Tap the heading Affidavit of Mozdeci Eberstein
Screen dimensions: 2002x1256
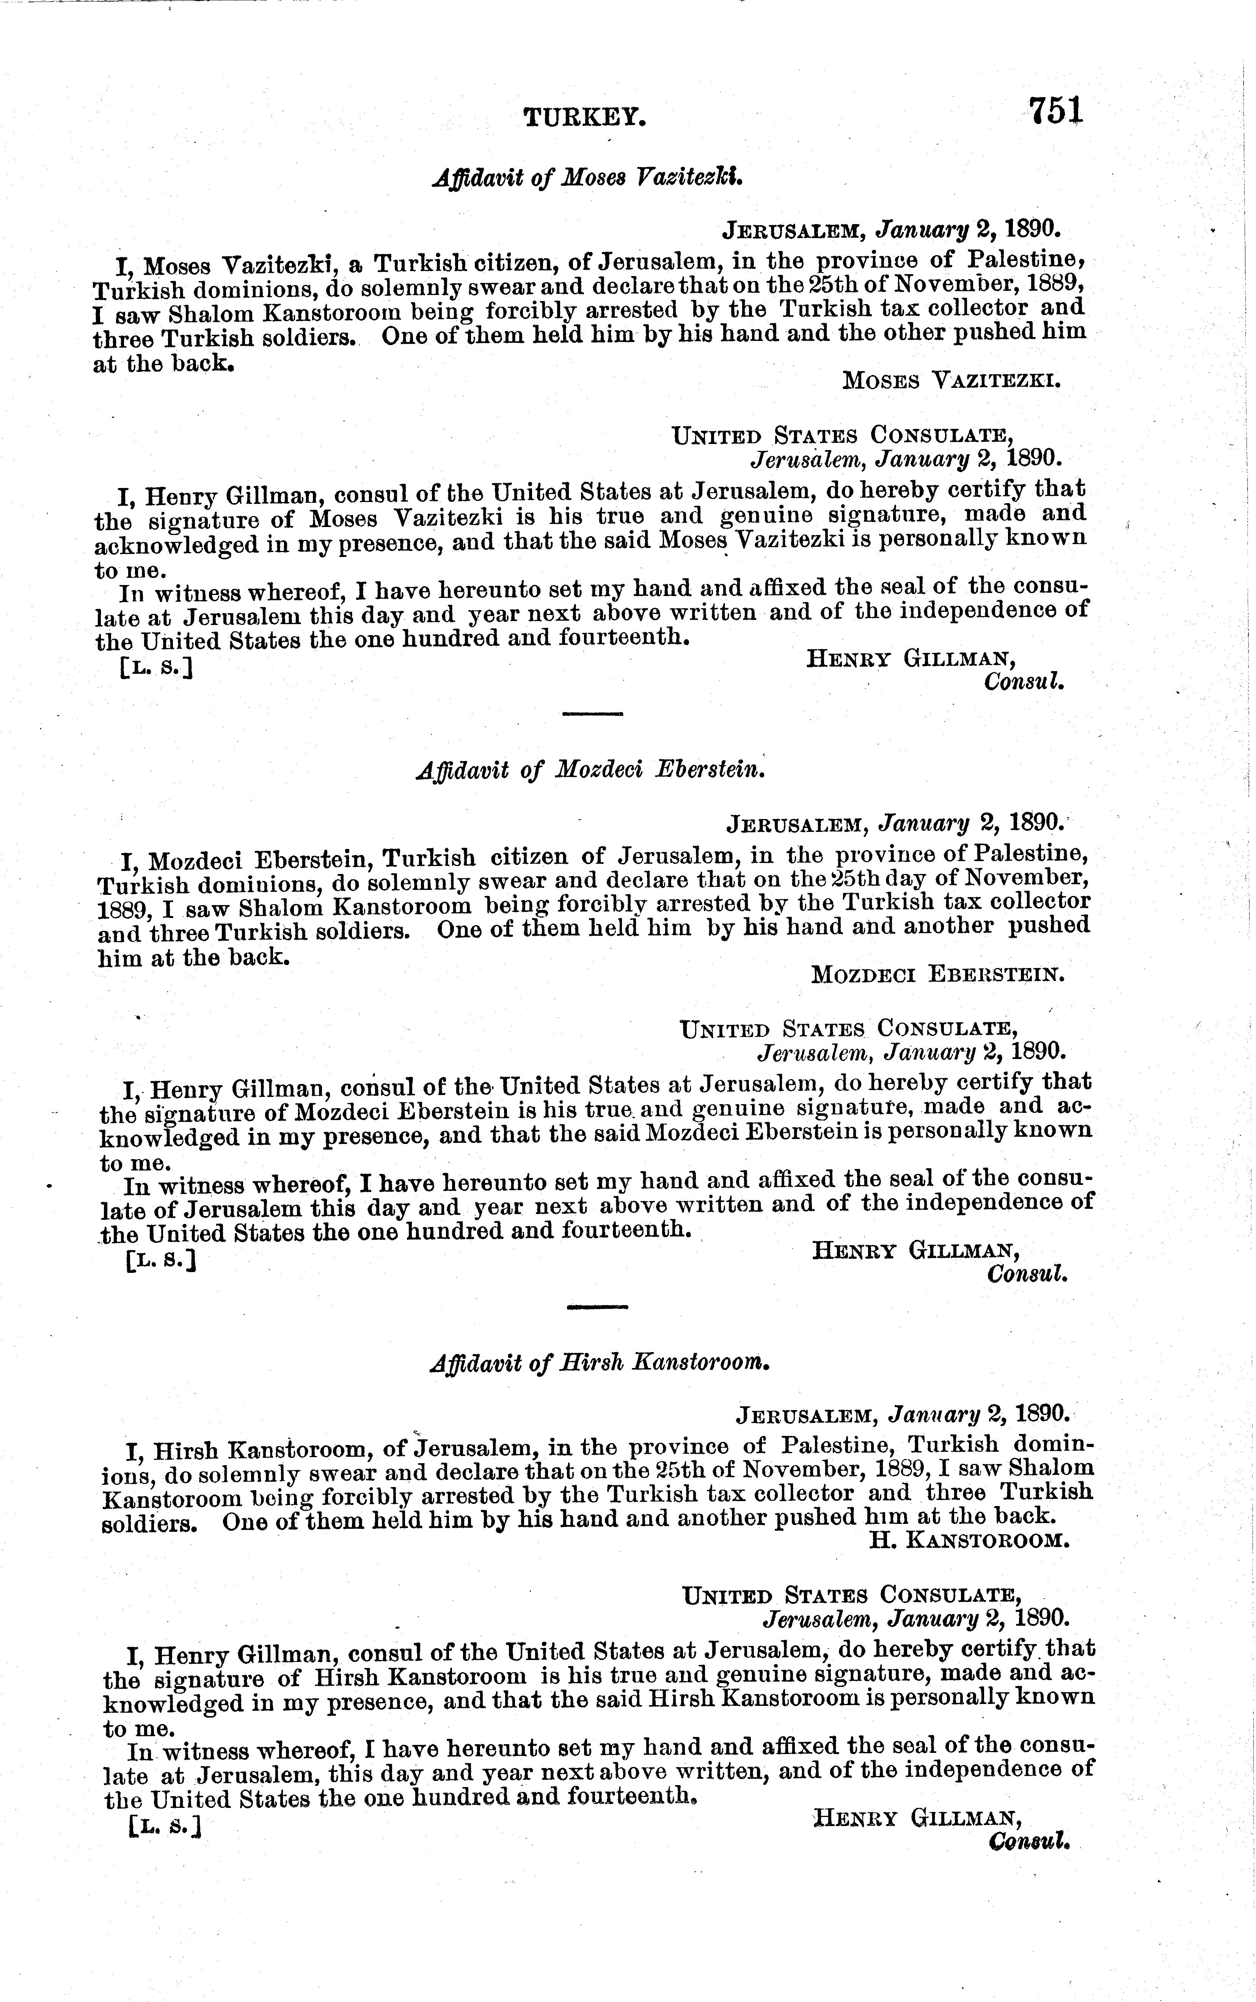(x=589, y=770)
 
